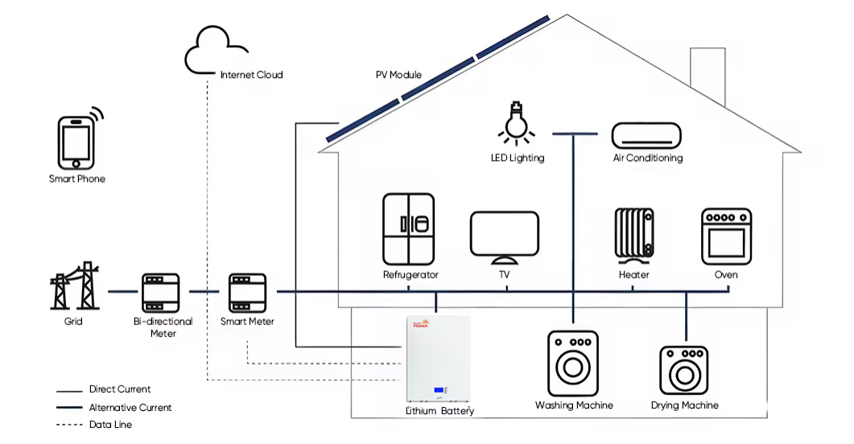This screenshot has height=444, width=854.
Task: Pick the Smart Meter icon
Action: [247, 292]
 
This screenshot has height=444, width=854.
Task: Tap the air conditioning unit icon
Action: [646, 134]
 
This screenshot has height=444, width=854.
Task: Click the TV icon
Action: [504, 237]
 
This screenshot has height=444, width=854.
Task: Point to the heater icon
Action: [634, 235]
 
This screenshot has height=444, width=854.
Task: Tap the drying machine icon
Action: [684, 370]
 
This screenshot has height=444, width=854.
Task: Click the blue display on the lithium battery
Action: [439, 391]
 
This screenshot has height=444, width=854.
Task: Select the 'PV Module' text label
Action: [398, 75]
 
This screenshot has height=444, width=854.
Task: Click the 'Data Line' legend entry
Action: [110, 425]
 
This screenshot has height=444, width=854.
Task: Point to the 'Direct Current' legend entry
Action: [119, 389]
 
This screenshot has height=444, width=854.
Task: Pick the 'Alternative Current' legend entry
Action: [130, 408]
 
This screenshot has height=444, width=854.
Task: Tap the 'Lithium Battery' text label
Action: [439, 411]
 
